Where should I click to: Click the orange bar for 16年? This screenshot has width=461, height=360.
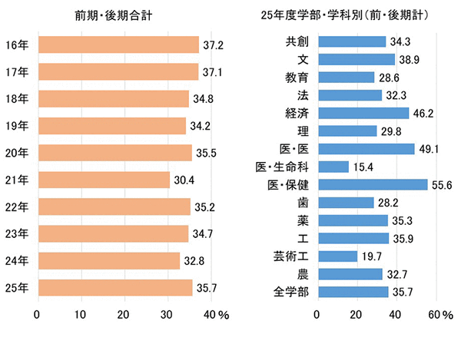[118, 45]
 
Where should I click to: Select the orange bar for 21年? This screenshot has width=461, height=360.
[103, 180]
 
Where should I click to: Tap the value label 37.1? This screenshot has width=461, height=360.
[213, 72]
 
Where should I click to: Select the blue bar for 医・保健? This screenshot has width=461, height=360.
[372, 184]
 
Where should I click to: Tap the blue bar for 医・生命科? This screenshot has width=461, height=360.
[333, 167]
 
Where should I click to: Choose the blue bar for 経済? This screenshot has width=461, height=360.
[363, 113]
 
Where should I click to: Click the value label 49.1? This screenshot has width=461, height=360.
[428, 149]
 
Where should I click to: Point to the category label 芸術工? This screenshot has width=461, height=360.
[291, 256]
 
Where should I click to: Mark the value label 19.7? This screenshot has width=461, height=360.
[371, 256]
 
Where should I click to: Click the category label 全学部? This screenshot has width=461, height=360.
[291, 292]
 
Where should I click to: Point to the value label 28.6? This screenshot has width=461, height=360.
[388, 78]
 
